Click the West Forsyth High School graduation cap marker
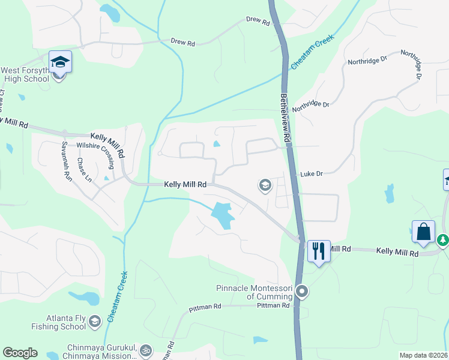(x=60, y=62)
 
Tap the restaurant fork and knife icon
(x=318, y=250)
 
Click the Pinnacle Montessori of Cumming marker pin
(x=303, y=292)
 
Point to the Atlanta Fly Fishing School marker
(x=94, y=322)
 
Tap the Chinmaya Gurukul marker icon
(x=145, y=350)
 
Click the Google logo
(x=20, y=353)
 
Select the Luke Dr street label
(x=312, y=173)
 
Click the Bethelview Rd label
(x=286, y=117)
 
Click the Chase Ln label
(x=83, y=172)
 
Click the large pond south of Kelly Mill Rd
(x=221, y=215)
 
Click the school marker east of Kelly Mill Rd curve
(x=264, y=185)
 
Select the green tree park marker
(x=443, y=240)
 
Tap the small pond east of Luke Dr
(x=390, y=193)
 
